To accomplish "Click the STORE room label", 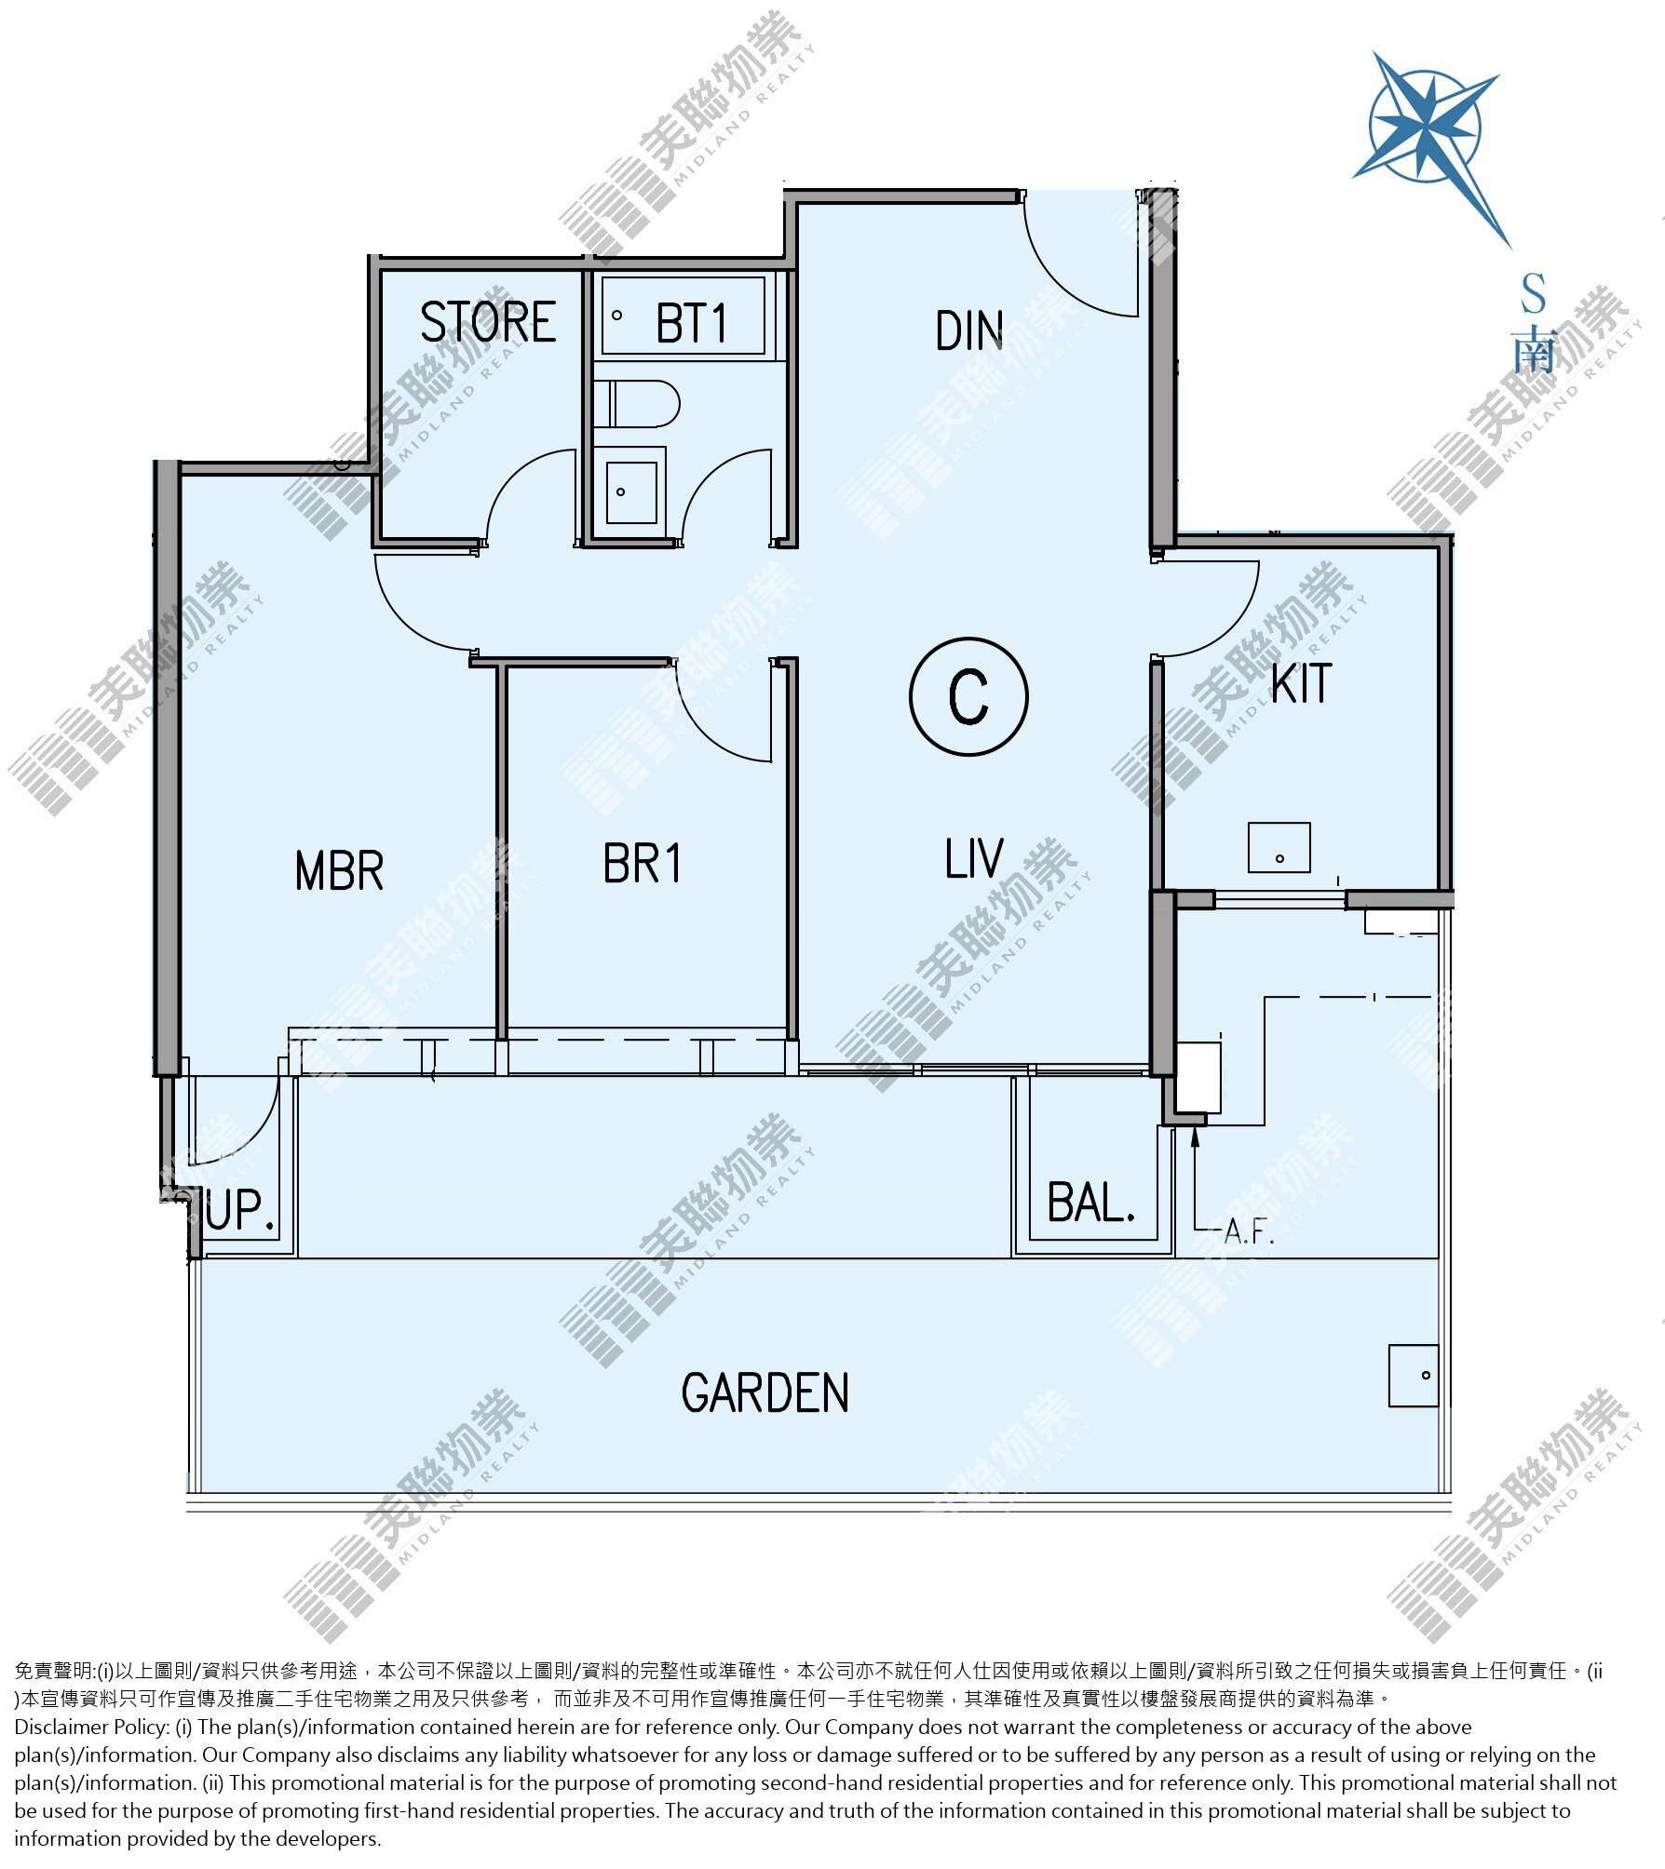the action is point(488,322).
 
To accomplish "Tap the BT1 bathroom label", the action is point(691,324).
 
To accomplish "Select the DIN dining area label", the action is point(969,330).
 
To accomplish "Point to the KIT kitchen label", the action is point(1302,683).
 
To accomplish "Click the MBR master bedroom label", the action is point(339,870).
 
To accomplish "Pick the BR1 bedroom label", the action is point(642,863).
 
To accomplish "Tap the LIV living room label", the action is point(974,858).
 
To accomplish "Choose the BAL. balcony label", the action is point(1091,1202).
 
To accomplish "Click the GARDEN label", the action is point(765,1393).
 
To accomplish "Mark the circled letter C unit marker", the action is point(968,696).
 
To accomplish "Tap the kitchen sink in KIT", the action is point(1279,847).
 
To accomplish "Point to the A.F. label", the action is point(1248,1231).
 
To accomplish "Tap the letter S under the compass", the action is point(1533,294).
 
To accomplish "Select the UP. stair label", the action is point(240,1209).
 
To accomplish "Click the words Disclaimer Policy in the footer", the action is point(90,1727).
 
